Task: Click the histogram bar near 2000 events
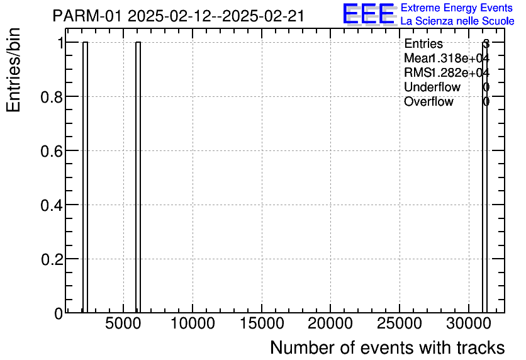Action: click(85, 177)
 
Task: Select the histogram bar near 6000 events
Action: click(138, 177)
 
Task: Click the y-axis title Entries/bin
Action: click(14, 70)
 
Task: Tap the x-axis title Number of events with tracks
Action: click(387, 347)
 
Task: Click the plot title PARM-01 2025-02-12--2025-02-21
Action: click(179, 16)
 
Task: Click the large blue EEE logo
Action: click(369, 14)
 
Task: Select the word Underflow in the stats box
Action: click(432, 87)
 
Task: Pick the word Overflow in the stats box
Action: click(428, 101)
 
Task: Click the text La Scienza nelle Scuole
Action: click(457, 21)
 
